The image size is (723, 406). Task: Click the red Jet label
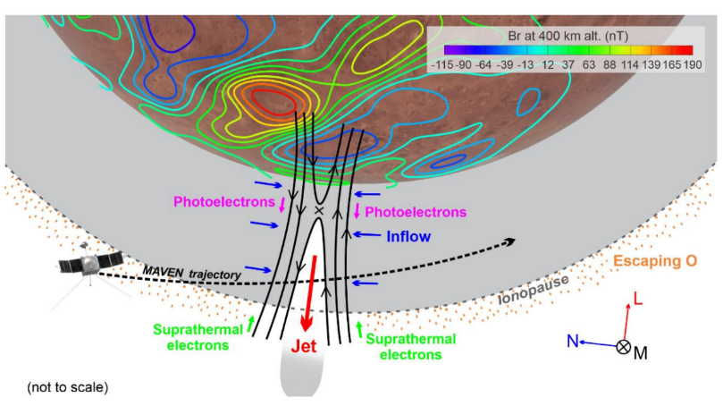pos(304,346)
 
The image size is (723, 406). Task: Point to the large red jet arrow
pos(309,293)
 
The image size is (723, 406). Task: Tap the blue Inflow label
pos(408,236)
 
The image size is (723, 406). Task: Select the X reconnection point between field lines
pos(319,210)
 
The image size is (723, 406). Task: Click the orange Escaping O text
pos(655,260)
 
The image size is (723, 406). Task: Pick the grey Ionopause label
pos(534,291)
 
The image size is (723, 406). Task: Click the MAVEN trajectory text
pos(192,273)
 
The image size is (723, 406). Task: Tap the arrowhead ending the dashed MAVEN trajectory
pos(510,241)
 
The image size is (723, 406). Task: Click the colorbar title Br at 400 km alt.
pos(567,36)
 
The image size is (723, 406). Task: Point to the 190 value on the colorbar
pos(693,64)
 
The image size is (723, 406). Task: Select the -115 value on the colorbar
pos(442,64)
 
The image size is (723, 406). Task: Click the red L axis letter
pos(638,299)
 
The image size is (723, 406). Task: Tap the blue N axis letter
pos(572,341)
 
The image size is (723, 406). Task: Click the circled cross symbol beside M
pos(624,346)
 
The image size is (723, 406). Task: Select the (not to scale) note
pos(68,387)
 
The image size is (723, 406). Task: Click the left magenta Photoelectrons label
pos(224,201)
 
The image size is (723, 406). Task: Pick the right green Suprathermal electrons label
pos(411,347)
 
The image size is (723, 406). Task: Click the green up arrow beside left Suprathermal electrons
pos(251,324)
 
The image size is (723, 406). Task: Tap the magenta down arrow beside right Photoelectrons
pos(357,210)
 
